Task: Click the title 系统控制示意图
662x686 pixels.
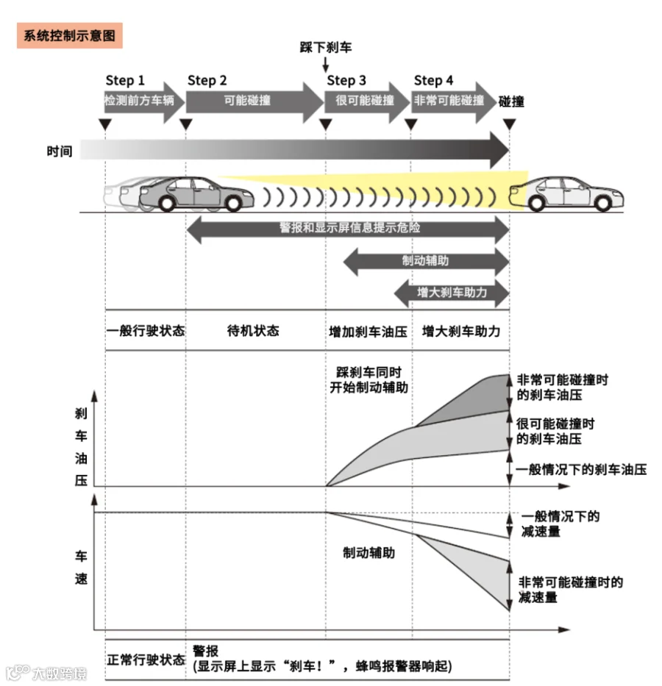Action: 69,35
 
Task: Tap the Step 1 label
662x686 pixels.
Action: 125,80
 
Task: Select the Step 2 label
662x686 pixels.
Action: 207,80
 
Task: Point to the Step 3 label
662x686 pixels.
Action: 346,80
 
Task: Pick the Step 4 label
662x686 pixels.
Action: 434,80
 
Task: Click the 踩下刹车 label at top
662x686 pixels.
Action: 325,48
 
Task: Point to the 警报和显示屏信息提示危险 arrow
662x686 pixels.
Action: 349,229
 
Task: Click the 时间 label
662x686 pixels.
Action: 59,151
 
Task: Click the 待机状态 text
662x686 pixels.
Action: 253,331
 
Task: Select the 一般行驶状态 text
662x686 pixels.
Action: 145,331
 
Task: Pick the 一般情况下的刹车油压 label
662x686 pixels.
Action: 581,468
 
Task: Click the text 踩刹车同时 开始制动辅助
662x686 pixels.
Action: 369,379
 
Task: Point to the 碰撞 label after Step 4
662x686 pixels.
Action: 511,101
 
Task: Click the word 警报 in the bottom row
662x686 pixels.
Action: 205,651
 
